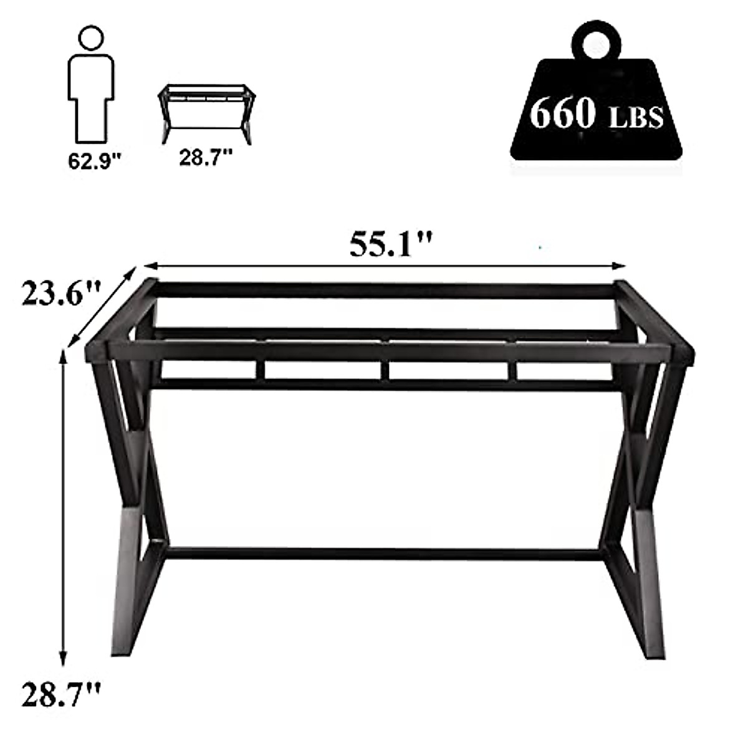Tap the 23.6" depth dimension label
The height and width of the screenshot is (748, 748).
point(60,294)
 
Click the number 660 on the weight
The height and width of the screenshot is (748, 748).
point(562,113)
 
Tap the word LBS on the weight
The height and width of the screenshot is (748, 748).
point(634,118)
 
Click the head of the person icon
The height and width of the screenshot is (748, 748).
point(92,38)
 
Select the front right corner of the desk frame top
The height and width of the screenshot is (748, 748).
point(681,353)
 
